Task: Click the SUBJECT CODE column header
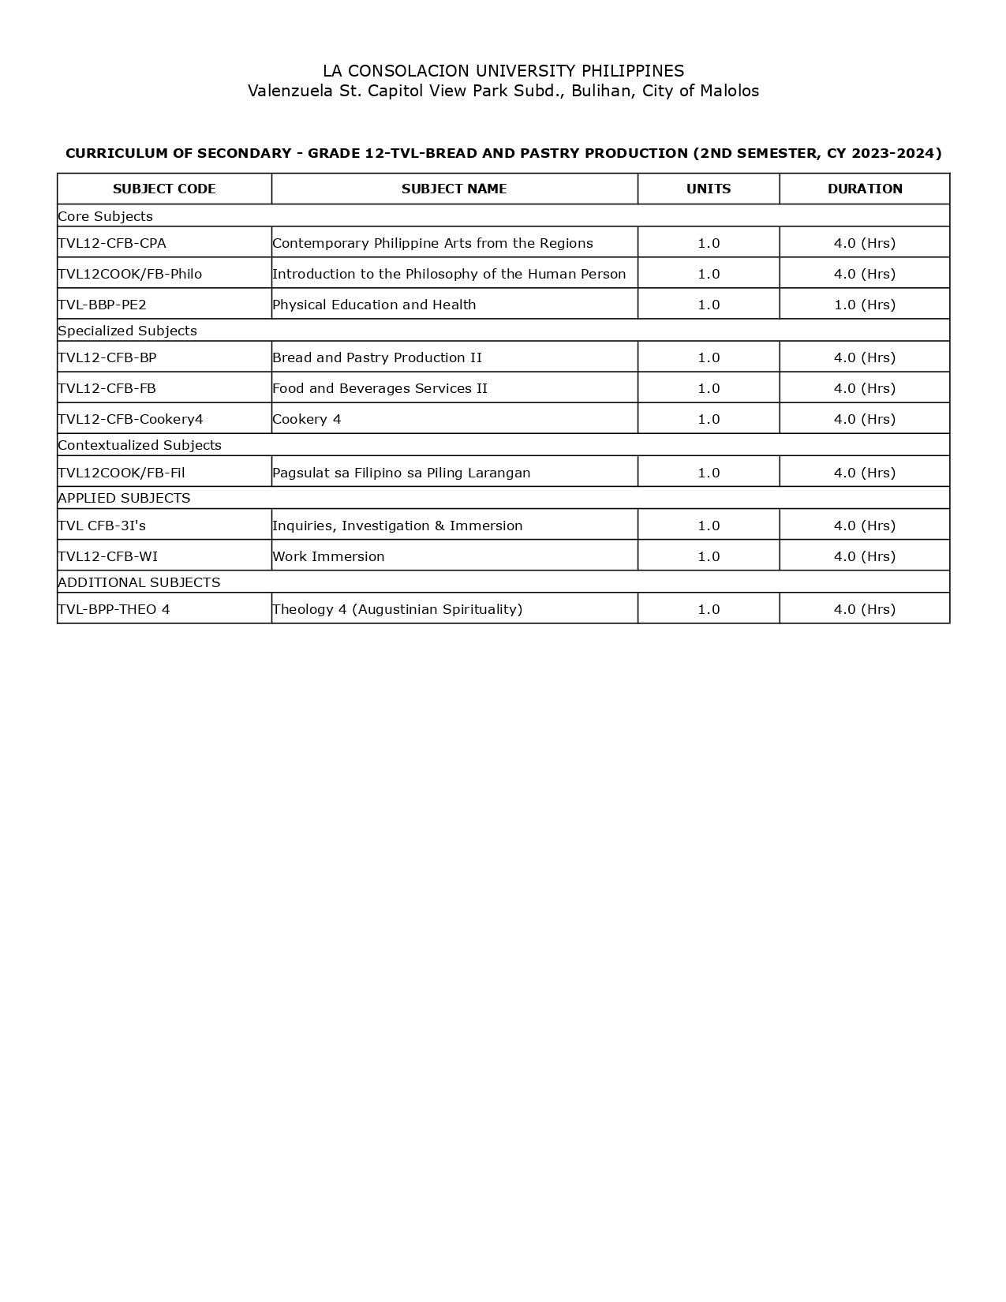pos(164,189)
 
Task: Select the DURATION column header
pos(865,189)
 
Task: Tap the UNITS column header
pos(709,189)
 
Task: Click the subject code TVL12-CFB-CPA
pos(112,243)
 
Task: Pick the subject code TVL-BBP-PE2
pos(103,305)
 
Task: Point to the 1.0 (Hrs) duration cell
pos(865,305)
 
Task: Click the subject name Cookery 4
pos(307,419)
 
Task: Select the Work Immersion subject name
pos(328,556)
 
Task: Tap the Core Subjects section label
pos(106,216)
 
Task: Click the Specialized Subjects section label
pos(127,331)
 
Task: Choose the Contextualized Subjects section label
pos(140,445)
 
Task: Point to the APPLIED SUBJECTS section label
pos(124,498)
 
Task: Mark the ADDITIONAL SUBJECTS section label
pos(139,582)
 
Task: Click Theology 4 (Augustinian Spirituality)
pos(397,609)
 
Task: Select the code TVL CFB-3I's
pos(102,526)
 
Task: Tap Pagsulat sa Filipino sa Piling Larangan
pos(401,473)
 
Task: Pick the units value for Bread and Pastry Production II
pos(709,357)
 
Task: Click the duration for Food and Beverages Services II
pos(865,388)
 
